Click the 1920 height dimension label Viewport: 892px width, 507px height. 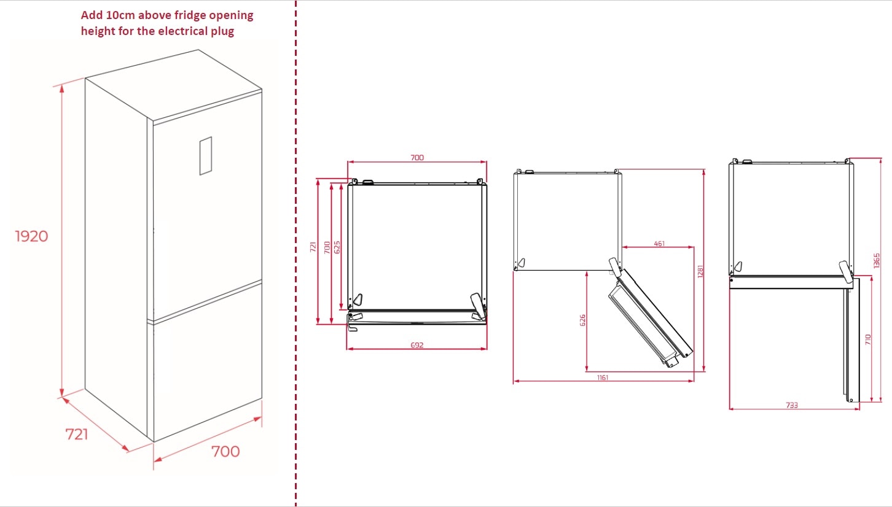coord(31,236)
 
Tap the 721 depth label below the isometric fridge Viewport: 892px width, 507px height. coord(76,434)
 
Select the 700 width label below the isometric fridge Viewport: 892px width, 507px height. coord(225,452)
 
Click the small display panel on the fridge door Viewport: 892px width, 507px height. coord(205,156)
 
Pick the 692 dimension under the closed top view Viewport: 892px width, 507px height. coord(417,345)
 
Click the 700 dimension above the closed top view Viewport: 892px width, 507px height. coord(417,158)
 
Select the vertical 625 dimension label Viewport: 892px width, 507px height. coord(337,247)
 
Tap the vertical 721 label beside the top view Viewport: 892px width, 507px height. coord(313,247)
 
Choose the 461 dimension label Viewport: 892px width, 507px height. coord(659,244)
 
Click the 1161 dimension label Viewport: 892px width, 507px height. coord(603,377)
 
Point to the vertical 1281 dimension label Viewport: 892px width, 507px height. coord(700,271)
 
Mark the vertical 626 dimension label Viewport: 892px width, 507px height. coord(582,320)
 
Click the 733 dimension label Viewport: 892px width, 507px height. coord(792,405)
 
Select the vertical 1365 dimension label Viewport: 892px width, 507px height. coord(877,261)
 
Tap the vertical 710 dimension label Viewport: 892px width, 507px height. coord(868,339)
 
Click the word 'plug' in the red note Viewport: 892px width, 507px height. coord(222,31)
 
